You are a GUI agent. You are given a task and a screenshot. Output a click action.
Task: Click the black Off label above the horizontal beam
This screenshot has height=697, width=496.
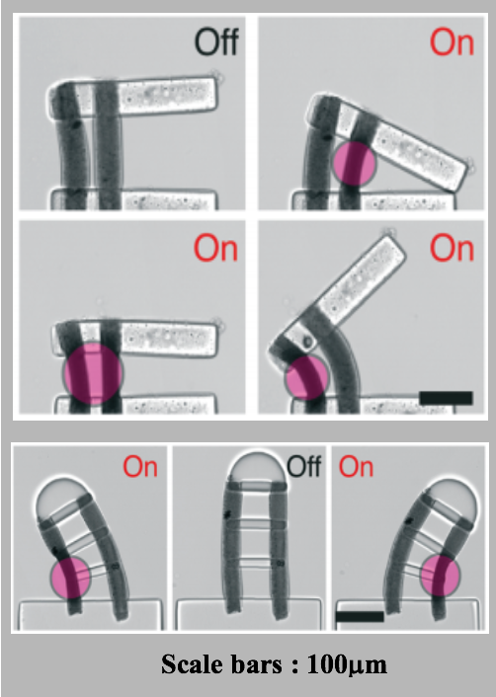tap(216, 41)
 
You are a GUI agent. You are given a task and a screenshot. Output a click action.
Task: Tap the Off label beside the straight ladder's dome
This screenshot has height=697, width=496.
tap(304, 466)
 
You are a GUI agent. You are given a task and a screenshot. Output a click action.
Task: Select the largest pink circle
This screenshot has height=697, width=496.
tap(93, 374)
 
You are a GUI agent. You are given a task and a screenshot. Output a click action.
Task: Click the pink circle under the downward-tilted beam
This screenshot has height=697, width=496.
tap(355, 163)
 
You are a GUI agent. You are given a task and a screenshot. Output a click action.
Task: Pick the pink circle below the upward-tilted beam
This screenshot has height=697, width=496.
tap(306, 377)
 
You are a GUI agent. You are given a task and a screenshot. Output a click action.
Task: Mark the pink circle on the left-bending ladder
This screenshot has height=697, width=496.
tap(70, 577)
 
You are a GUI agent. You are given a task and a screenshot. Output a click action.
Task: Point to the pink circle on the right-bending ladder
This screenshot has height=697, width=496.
tap(441, 576)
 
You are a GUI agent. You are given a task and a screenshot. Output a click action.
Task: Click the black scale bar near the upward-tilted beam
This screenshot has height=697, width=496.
tap(447, 398)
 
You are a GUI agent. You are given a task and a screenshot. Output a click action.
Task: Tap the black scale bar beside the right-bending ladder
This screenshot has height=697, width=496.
tap(360, 616)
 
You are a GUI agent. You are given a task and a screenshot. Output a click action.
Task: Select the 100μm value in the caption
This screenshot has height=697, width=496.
tap(347, 665)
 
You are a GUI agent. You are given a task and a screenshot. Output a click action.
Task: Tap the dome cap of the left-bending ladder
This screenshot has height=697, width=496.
tap(61, 496)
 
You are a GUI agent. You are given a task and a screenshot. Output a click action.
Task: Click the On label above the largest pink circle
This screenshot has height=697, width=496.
tap(215, 249)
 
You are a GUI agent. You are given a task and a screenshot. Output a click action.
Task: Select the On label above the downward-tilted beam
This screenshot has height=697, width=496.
tap(452, 42)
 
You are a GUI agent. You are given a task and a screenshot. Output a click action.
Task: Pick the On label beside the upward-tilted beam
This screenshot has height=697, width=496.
tap(452, 249)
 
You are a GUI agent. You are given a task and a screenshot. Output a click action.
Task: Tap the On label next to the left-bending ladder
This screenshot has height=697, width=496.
tap(140, 467)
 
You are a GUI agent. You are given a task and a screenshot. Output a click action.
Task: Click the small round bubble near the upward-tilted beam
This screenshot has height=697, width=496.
tap(307, 343)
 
